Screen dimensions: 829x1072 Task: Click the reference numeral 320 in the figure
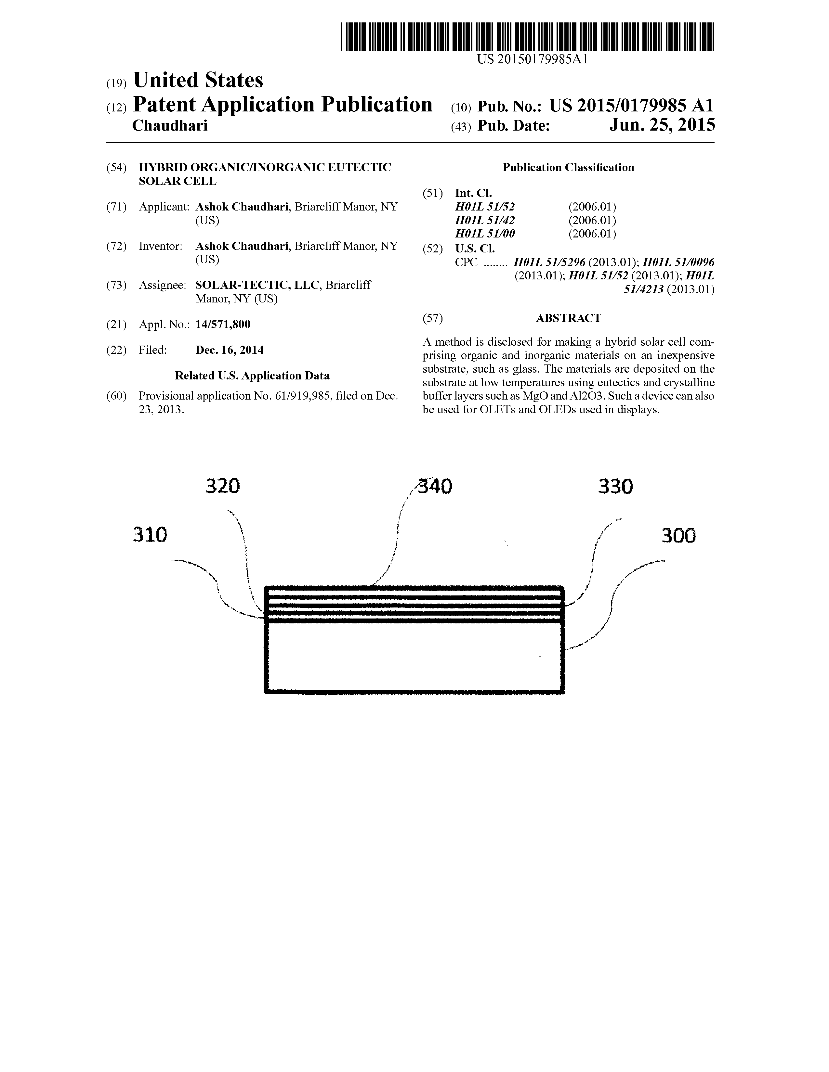222,486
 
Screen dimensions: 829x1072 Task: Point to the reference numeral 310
150,534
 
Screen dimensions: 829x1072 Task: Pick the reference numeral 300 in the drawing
678,535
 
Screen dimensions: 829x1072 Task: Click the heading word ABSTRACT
568,318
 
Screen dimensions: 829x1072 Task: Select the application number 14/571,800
223,325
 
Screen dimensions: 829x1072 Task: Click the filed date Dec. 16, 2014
229,350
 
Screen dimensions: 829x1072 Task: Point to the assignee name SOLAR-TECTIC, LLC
258,285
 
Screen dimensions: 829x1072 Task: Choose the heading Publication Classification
568,168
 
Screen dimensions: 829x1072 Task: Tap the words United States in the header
198,80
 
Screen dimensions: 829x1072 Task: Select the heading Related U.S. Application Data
252,376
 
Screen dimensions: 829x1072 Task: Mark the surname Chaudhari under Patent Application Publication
170,126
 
